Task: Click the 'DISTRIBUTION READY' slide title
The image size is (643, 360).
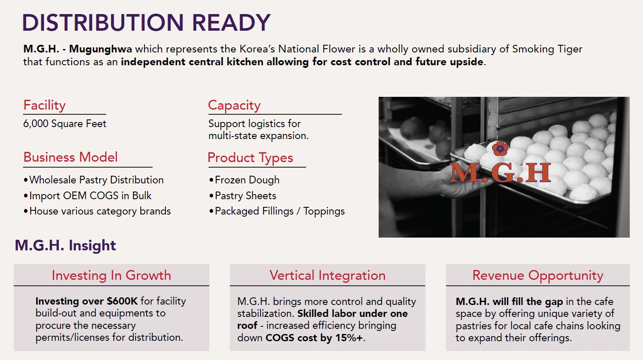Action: coord(146,23)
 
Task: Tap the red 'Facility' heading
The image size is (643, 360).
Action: coord(44,105)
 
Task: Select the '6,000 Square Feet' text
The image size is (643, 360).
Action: coord(64,124)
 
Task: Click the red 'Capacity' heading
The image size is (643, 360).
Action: coord(234,105)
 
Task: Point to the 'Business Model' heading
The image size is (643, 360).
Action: coord(70,157)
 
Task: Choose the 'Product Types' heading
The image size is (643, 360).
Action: coord(250,158)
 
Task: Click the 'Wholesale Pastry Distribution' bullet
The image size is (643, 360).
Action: coord(93,180)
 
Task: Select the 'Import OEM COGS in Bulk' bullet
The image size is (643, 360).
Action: coord(87,196)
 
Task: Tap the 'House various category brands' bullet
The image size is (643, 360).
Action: coord(97,211)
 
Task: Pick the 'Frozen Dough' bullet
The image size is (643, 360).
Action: coord(244,180)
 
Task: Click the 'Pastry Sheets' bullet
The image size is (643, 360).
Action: coord(243,196)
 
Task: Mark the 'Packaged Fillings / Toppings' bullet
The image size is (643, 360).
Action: coord(277,211)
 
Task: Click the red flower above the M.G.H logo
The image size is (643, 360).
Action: coord(500,148)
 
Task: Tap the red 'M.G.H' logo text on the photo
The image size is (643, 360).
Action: coord(500,173)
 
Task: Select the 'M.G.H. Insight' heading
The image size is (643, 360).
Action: coord(65,245)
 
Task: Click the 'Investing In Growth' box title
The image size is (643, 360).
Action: coord(111,275)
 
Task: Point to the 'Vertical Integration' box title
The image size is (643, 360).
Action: coord(327,275)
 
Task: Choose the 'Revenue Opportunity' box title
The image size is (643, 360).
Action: coord(538,276)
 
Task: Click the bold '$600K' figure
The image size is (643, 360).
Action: coord(122,301)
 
